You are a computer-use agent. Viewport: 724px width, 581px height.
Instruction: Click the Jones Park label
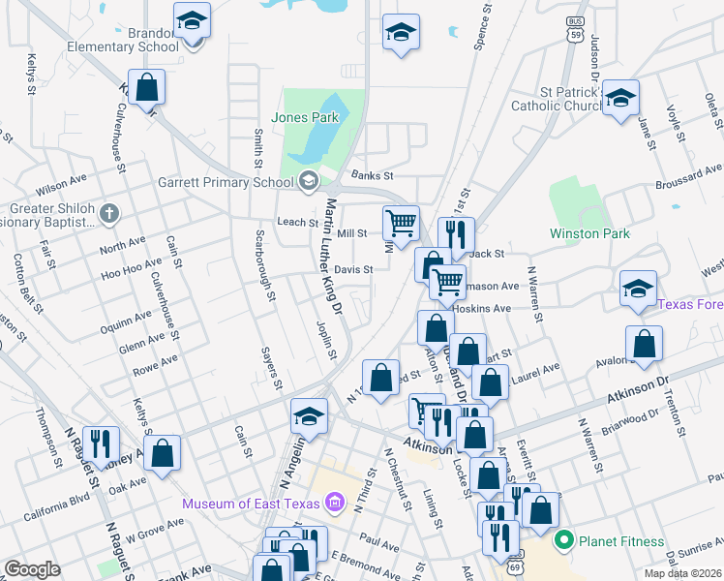pyautogui.click(x=305, y=117)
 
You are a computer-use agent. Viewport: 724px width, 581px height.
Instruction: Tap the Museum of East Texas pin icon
pyautogui.click(x=335, y=502)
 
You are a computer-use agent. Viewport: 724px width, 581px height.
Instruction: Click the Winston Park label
pyautogui.click(x=589, y=233)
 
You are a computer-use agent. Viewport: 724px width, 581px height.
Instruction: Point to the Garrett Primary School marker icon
pyautogui.click(x=308, y=181)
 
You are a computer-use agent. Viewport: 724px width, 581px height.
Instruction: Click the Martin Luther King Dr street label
pyautogui.click(x=334, y=258)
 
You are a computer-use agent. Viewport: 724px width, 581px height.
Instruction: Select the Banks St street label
pyautogui.click(x=373, y=175)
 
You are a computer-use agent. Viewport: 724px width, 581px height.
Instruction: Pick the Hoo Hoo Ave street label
pyautogui.click(x=132, y=274)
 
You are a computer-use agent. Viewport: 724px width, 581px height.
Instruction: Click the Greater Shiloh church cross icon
pyautogui.click(x=110, y=212)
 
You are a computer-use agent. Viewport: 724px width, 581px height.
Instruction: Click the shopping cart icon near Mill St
pyautogui.click(x=401, y=223)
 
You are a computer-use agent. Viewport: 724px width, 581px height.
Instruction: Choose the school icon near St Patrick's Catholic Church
pyautogui.click(x=620, y=98)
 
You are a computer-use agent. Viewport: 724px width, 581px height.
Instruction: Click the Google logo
pyautogui.click(x=32, y=569)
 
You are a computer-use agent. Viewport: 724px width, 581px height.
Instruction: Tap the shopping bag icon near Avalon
pyautogui.click(x=644, y=344)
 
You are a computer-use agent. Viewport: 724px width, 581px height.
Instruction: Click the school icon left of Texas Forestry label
pyautogui.click(x=639, y=289)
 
